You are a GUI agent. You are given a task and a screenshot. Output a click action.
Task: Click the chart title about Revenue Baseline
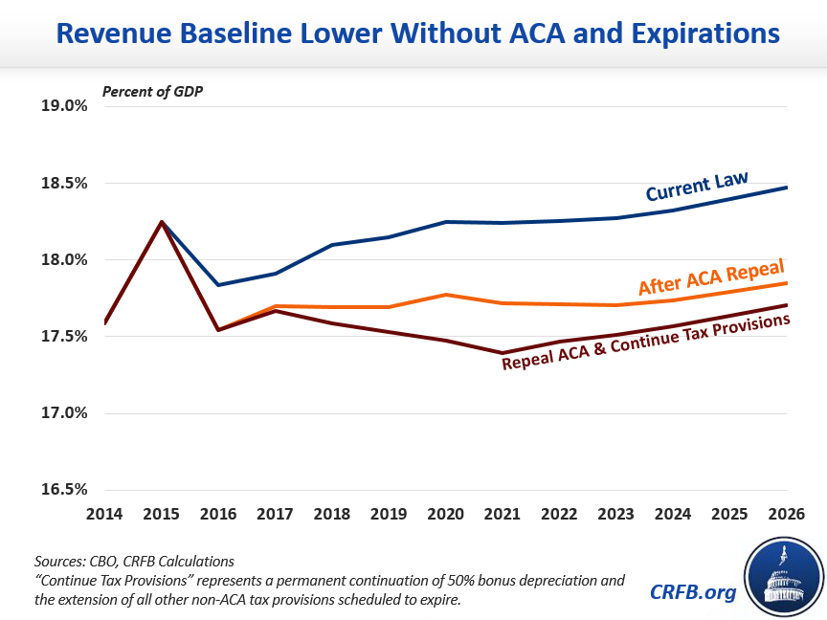pos(417,34)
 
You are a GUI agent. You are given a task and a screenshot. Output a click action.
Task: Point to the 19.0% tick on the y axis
pos(64,106)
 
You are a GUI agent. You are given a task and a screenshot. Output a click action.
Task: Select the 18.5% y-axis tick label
pos(64,183)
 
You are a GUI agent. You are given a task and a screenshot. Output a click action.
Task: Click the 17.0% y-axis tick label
pos(64,413)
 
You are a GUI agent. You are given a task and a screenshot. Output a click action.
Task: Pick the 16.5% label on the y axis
pos(64,490)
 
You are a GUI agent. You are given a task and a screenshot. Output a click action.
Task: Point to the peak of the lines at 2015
pos(162,222)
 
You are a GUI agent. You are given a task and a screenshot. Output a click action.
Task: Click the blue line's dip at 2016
pos(219,285)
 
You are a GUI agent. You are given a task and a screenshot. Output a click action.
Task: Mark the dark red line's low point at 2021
pos(503,353)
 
